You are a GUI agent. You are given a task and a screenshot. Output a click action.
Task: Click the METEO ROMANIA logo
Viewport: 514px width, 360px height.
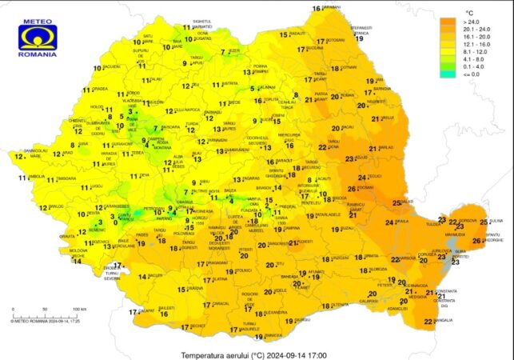(x=38, y=39)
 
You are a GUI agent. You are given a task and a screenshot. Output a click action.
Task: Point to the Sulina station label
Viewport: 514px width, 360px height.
(x=496, y=220)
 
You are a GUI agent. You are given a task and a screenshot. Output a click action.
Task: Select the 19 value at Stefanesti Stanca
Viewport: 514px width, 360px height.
(x=360, y=38)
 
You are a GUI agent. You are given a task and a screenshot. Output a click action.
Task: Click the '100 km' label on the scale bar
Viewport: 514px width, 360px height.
(x=79, y=308)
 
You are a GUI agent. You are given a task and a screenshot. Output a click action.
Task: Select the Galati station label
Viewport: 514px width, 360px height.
(x=407, y=202)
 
